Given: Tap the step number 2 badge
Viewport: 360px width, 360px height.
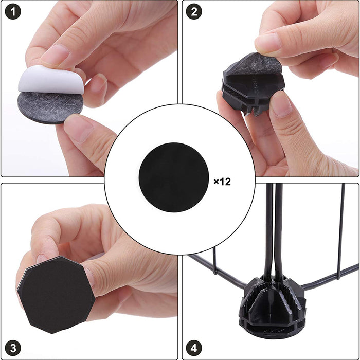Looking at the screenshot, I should point(194,12).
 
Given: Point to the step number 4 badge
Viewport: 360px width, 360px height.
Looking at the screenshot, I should point(194,347).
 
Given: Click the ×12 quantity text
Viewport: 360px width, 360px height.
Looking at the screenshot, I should point(222,182).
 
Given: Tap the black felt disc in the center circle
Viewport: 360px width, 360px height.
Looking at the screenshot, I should point(174,177).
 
